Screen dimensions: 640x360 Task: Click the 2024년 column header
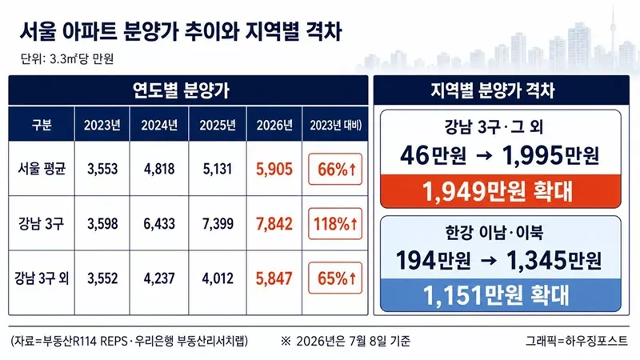click(x=159, y=125)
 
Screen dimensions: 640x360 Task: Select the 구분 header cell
click(x=42, y=125)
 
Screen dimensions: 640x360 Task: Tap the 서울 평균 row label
click(x=42, y=169)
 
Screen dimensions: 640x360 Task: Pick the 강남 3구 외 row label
click(x=42, y=278)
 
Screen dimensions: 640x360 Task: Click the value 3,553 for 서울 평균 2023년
click(x=102, y=169)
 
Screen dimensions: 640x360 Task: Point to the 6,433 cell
click(x=159, y=224)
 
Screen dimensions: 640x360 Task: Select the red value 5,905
click(x=274, y=169)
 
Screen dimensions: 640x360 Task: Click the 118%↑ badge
click(x=335, y=224)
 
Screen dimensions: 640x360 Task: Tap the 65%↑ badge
click(x=335, y=278)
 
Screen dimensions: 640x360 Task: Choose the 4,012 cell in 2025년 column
click(x=218, y=278)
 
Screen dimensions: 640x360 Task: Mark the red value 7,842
click(x=274, y=224)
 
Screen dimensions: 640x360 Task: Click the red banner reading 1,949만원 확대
click(x=501, y=191)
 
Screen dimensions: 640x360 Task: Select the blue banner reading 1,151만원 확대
click(x=501, y=295)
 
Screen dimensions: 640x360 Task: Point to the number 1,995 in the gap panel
click(x=533, y=155)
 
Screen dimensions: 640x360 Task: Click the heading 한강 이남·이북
click(x=494, y=233)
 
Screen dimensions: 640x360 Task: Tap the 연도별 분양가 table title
click(x=182, y=90)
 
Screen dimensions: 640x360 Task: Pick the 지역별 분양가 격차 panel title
click(x=493, y=90)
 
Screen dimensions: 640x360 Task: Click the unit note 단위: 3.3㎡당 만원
click(x=67, y=58)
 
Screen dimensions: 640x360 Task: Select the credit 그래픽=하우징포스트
click(x=577, y=341)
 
